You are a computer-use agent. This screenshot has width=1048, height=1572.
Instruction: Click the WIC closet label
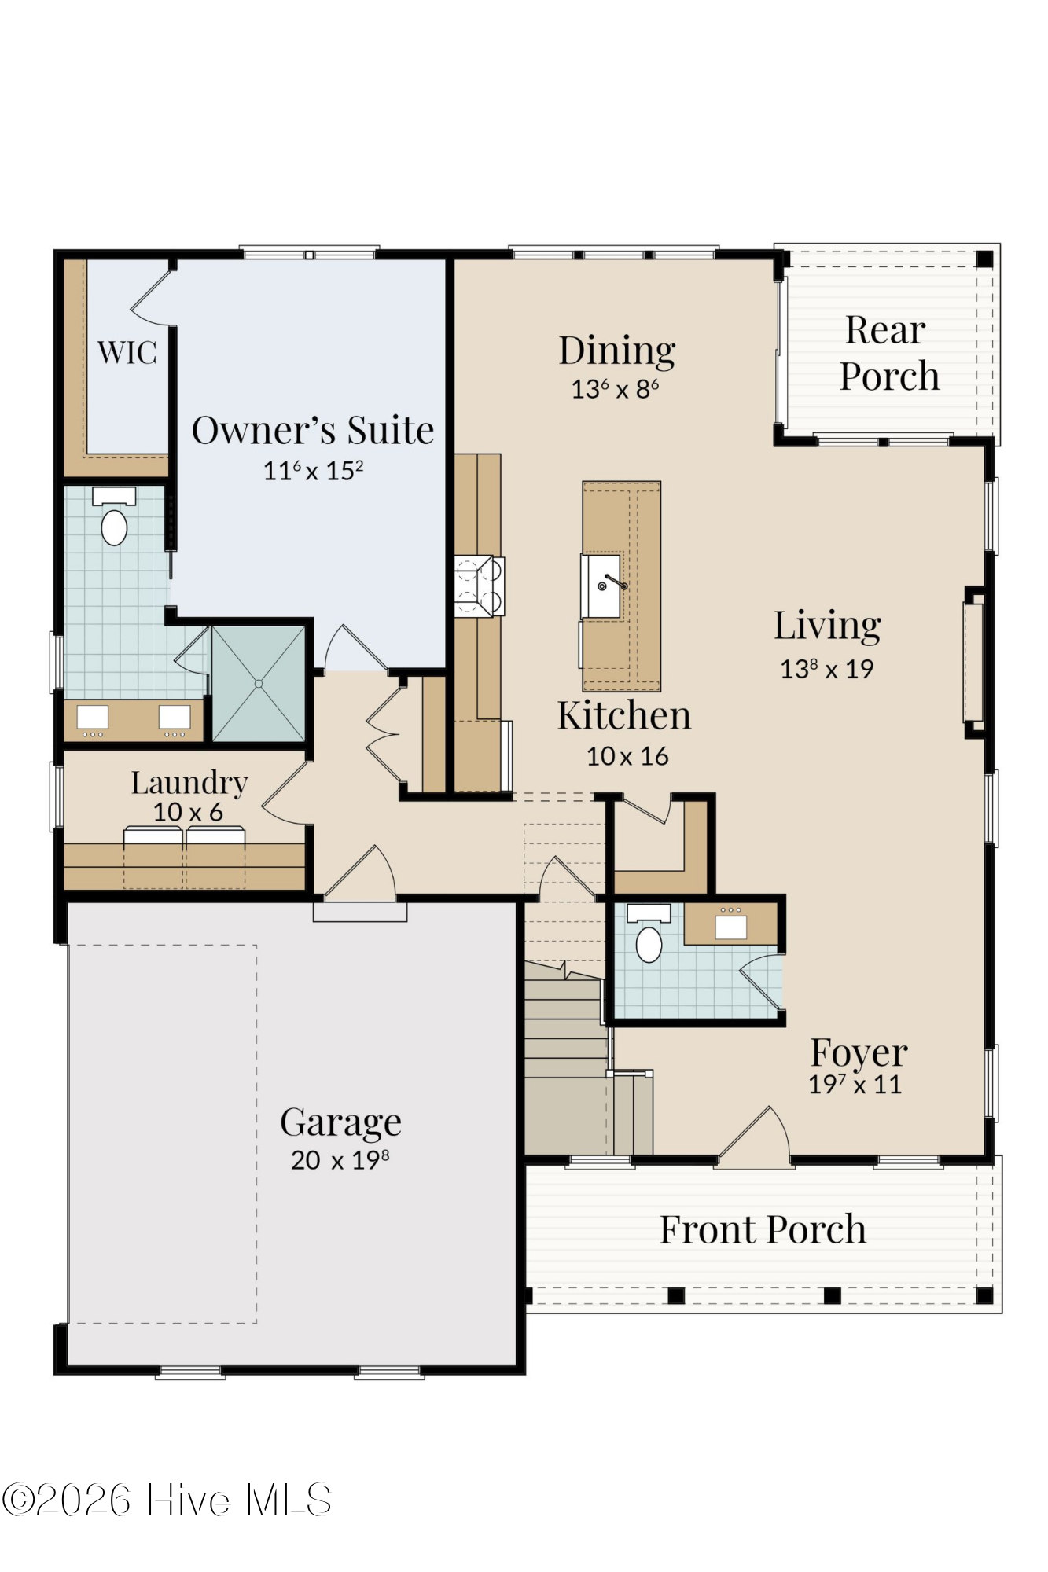tap(127, 352)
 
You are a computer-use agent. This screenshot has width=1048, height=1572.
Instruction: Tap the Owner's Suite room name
tap(313, 430)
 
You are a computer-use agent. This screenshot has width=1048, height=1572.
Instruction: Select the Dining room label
tap(617, 351)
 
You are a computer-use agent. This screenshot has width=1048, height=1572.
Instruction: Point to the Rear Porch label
tap(888, 353)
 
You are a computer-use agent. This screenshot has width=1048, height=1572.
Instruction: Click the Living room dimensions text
tap(827, 669)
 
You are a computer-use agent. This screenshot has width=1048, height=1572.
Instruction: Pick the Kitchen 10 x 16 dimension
tap(627, 756)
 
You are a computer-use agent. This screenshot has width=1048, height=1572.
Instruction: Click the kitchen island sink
tap(603, 586)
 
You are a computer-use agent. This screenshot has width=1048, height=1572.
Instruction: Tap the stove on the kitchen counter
tap(479, 586)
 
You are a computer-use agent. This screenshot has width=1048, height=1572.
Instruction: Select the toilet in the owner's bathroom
tap(114, 517)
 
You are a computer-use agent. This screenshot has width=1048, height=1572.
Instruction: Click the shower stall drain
tap(259, 684)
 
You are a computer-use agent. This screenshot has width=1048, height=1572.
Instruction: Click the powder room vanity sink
tap(730, 926)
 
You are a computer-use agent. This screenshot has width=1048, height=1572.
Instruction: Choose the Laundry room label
tap(189, 783)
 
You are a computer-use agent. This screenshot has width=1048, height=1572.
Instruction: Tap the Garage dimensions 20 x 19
tap(340, 1160)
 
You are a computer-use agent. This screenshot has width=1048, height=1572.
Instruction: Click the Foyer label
tap(859, 1052)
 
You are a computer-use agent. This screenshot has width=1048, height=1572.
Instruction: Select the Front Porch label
tap(763, 1229)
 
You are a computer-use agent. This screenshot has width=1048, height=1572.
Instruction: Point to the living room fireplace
tap(974, 662)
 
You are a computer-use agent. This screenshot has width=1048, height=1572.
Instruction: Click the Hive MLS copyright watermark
tap(166, 1500)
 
